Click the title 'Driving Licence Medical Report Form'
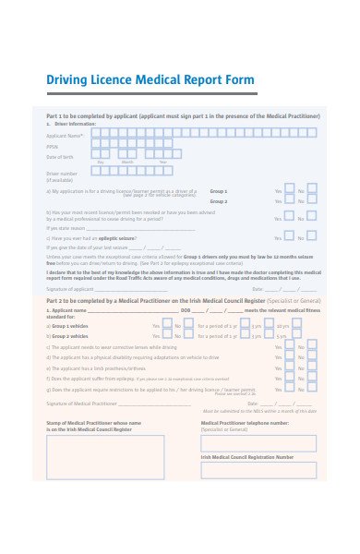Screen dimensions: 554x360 click(x=150, y=80)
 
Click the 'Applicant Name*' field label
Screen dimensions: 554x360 click(x=65, y=135)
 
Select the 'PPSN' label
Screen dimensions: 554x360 click(x=53, y=146)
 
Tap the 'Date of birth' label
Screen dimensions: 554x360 click(x=60, y=157)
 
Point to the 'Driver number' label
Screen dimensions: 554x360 click(x=62, y=173)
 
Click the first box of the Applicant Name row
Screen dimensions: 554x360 click(x=95, y=134)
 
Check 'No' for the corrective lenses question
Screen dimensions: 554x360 click(x=310, y=346)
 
